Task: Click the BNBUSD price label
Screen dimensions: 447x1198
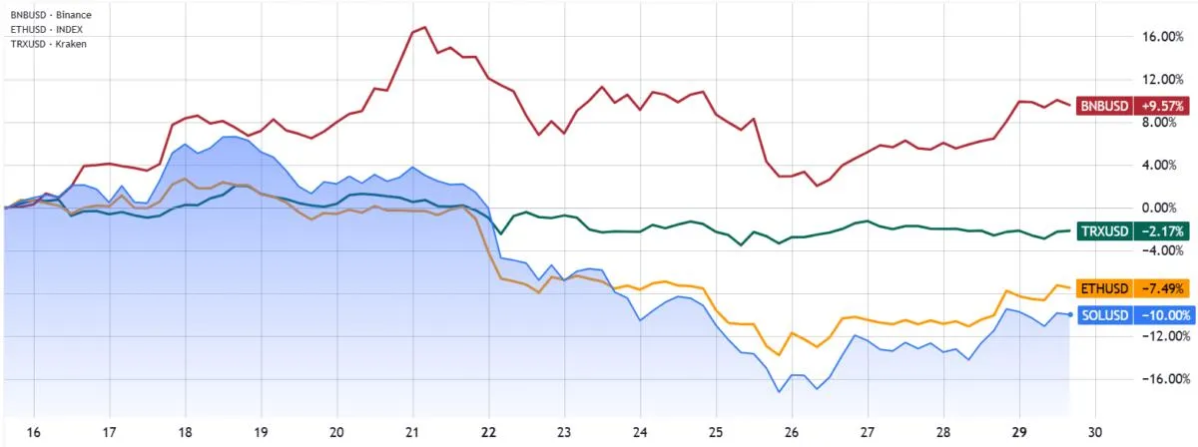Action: (x=1103, y=105)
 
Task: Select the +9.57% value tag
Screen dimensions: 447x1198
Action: (x=1159, y=105)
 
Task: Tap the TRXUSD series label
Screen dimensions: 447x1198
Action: (x=1103, y=230)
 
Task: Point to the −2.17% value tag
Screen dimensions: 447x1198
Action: (x=1159, y=230)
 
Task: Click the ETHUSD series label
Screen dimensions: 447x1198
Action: (x=1103, y=288)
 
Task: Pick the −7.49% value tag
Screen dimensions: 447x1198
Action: (x=1159, y=288)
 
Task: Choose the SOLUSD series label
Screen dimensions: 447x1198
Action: (x=1103, y=315)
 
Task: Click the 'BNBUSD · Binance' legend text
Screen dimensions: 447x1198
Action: (x=50, y=15)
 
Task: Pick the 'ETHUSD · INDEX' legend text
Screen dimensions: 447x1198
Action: (x=46, y=30)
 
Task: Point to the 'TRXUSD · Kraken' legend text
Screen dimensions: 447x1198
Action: (x=48, y=45)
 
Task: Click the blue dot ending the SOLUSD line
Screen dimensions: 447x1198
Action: (x=1070, y=314)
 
